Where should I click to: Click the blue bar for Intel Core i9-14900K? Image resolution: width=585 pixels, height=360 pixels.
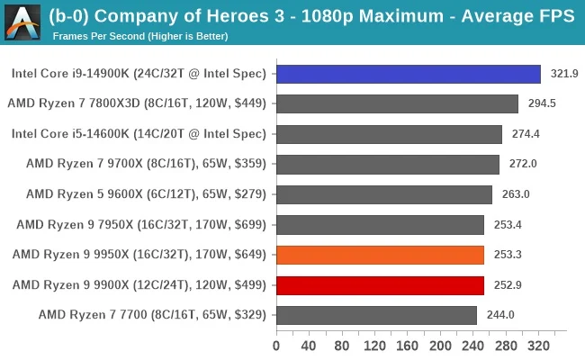[x=408, y=74]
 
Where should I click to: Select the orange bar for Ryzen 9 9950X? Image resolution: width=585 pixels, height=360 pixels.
[x=380, y=255]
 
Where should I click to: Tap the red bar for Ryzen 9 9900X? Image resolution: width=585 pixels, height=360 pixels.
[x=380, y=285]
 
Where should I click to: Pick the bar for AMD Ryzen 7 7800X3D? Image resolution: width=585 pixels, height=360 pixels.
[x=397, y=103]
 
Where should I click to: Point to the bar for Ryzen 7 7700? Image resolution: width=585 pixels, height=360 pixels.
[x=376, y=315]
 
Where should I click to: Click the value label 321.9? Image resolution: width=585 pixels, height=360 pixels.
[x=565, y=74]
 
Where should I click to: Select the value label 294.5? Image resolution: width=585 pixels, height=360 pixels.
[x=542, y=103]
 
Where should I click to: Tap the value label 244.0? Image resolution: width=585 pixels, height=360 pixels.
[x=501, y=315]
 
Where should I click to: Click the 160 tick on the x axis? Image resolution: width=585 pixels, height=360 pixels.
[x=408, y=345]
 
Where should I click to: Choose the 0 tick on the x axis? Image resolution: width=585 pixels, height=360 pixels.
[x=276, y=345]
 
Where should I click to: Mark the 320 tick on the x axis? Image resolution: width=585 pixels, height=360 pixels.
[x=539, y=345]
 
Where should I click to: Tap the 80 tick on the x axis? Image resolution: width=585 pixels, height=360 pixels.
[x=342, y=345]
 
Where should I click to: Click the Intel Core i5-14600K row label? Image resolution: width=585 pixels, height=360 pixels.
[x=139, y=134]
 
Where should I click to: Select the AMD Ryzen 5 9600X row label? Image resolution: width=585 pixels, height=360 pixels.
[x=146, y=194]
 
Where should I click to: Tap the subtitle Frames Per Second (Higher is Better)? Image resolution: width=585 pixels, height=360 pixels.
[x=140, y=36]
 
